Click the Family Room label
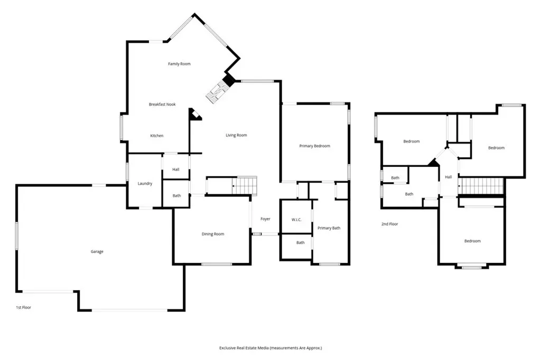coord(179,64)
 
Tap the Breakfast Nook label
coord(162,104)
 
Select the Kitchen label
coord(156,136)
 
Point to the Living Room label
coord(236,135)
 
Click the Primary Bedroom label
coord(315,146)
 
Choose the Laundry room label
coord(145,184)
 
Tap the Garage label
coord(97,252)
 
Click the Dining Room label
coord(213,234)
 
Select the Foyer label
coord(265,219)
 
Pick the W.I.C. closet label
coord(296,220)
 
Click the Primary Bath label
coord(329,228)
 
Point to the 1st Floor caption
coord(23,307)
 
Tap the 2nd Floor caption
coord(389,224)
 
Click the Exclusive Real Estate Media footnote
coord(270,348)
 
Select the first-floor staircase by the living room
coord(244,186)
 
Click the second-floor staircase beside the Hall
coord(481,186)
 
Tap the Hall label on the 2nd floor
coord(448,177)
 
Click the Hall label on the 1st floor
coord(175,169)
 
